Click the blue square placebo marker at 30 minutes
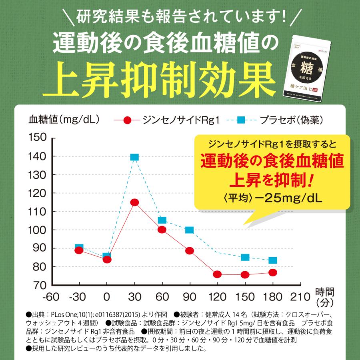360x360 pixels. [x=134, y=157]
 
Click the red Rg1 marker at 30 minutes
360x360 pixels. [x=134, y=202]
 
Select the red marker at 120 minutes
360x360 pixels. [x=217, y=274]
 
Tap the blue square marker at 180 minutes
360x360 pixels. [x=273, y=260]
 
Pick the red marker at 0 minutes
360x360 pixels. [x=107, y=259]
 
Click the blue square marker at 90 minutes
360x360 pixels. [x=190, y=230]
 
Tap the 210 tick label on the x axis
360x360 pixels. [x=299, y=297]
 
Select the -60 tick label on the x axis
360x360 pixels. [x=52, y=297]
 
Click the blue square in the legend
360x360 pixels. [x=241, y=120]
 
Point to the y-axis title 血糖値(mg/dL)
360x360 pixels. [x=64, y=119]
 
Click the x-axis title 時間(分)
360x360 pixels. [x=324, y=296]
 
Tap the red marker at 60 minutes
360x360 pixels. [x=162, y=230]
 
